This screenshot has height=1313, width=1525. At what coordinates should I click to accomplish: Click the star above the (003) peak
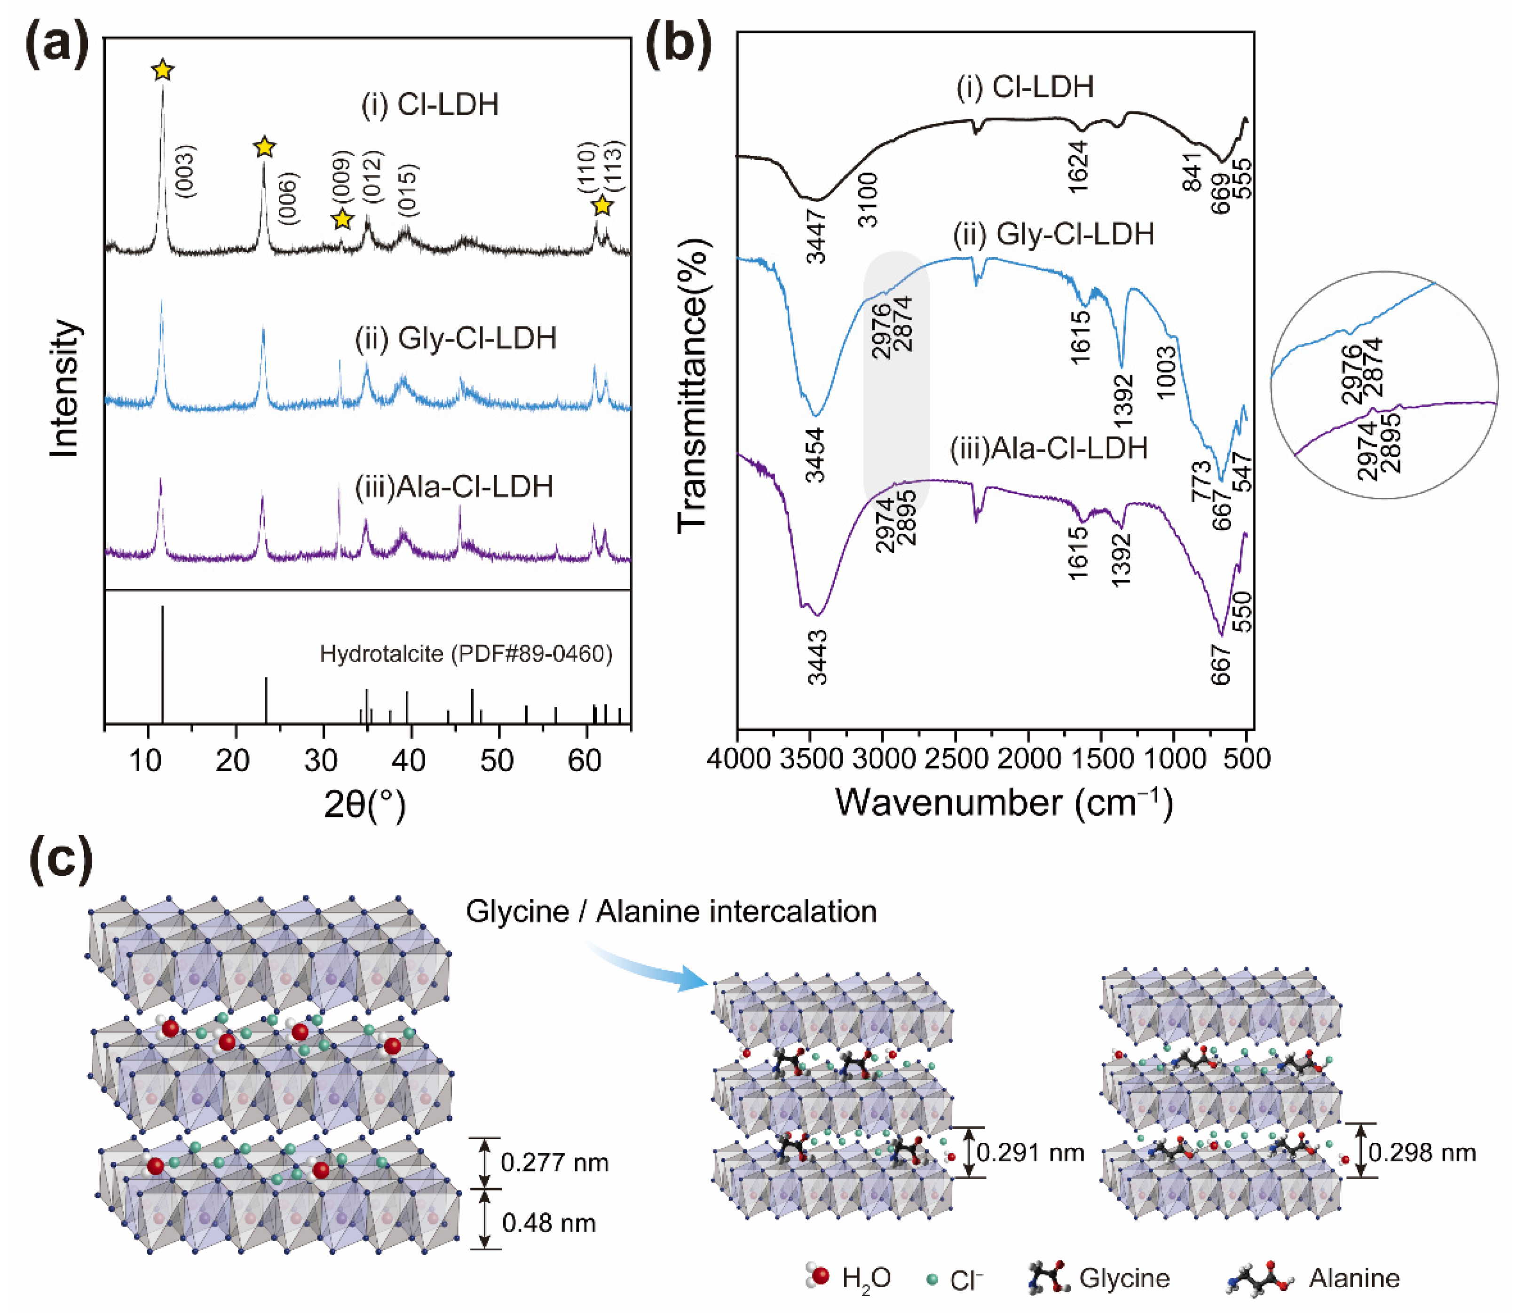[163, 71]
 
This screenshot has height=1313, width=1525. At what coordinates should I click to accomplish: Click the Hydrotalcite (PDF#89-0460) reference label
[466, 654]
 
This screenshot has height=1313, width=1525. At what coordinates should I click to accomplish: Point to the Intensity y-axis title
[65, 388]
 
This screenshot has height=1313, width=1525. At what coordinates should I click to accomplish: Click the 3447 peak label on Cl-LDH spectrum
[817, 236]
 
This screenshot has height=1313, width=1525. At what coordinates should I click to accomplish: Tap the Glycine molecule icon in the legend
[1048, 1278]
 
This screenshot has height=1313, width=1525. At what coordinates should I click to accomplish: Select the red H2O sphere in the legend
[821, 1275]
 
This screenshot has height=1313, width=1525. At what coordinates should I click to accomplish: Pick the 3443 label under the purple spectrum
[817, 657]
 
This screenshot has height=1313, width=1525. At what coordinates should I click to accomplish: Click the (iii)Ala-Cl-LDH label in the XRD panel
[454, 486]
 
